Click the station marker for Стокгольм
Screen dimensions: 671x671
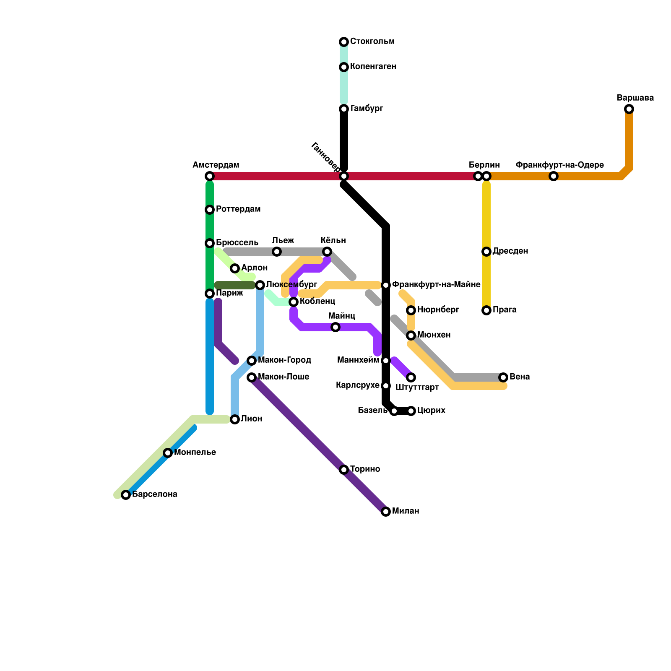coord(344,42)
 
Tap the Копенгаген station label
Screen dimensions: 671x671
coord(373,67)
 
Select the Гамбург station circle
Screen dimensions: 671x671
coord(344,109)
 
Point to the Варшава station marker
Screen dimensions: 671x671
coord(629,109)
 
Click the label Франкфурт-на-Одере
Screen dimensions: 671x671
coord(559,165)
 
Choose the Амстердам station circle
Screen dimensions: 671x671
coord(210,176)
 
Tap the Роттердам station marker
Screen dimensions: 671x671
coord(210,210)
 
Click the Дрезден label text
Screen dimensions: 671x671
coord(510,251)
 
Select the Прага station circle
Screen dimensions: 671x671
coord(486,310)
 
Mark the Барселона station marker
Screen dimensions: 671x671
coord(126,495)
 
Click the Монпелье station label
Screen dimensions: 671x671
coord(195,453)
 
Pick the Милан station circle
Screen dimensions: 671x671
coord(386,512)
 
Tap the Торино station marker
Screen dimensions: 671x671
coord(344,470)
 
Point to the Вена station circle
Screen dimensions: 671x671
coord(503,377)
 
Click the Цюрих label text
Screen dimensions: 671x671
coord(431,411)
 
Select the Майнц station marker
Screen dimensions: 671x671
coord(335,327)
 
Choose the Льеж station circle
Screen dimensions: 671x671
coord(277,252)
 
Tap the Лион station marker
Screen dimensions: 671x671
coord(235,419)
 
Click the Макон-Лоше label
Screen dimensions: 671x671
coord(283,377)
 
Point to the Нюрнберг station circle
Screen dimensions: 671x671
coord(411,310)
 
